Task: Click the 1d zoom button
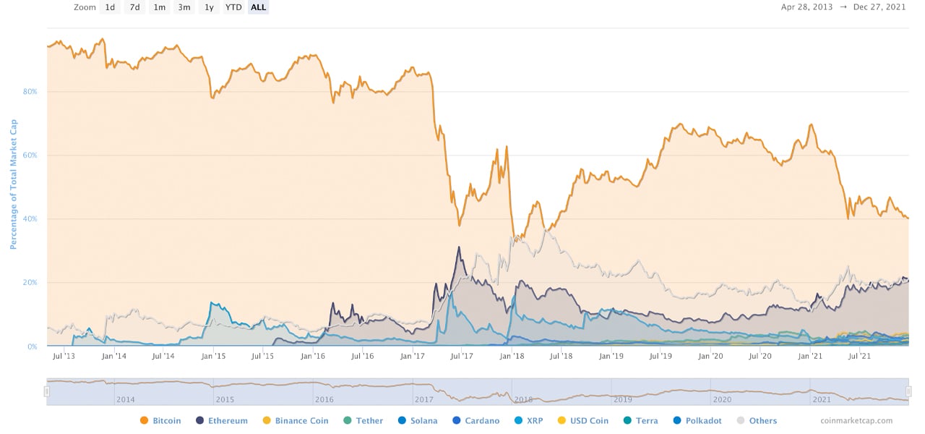click(110, 7)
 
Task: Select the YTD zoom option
click(233, 7)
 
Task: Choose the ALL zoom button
click(258, 7)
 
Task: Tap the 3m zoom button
click(184, 7)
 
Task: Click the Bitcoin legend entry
click(160, 420)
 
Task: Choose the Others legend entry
click(757, 420)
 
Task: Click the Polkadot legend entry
click(697, 420)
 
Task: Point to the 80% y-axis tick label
click(30, 92)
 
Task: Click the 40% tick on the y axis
click(30, 219)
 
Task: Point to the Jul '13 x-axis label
click(64, 356)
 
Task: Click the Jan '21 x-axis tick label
click(810, 356)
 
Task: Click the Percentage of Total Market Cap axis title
click(12, 184)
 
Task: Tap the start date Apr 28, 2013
click(806, 7)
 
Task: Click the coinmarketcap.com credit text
click(856, 420)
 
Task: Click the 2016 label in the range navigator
click(324, 399)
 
